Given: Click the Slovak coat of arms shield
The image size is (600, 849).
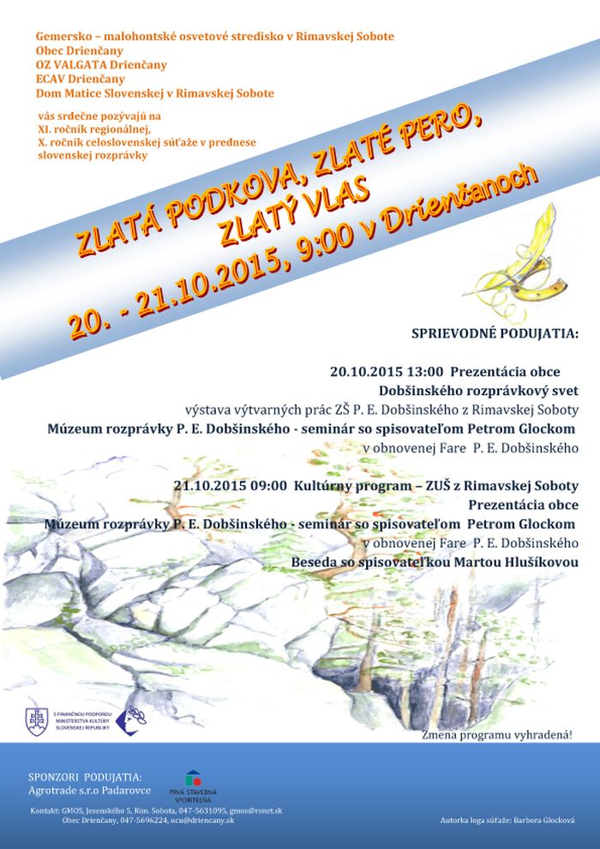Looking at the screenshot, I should (36, 720).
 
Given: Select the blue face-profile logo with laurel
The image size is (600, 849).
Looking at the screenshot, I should (130, 717).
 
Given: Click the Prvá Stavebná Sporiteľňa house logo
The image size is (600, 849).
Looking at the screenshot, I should (193, 779).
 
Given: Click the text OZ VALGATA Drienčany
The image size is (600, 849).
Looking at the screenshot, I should (101, 64).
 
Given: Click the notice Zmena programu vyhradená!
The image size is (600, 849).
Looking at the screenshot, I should (496, 735).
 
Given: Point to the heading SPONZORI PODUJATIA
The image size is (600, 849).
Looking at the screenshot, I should (85, 777).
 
